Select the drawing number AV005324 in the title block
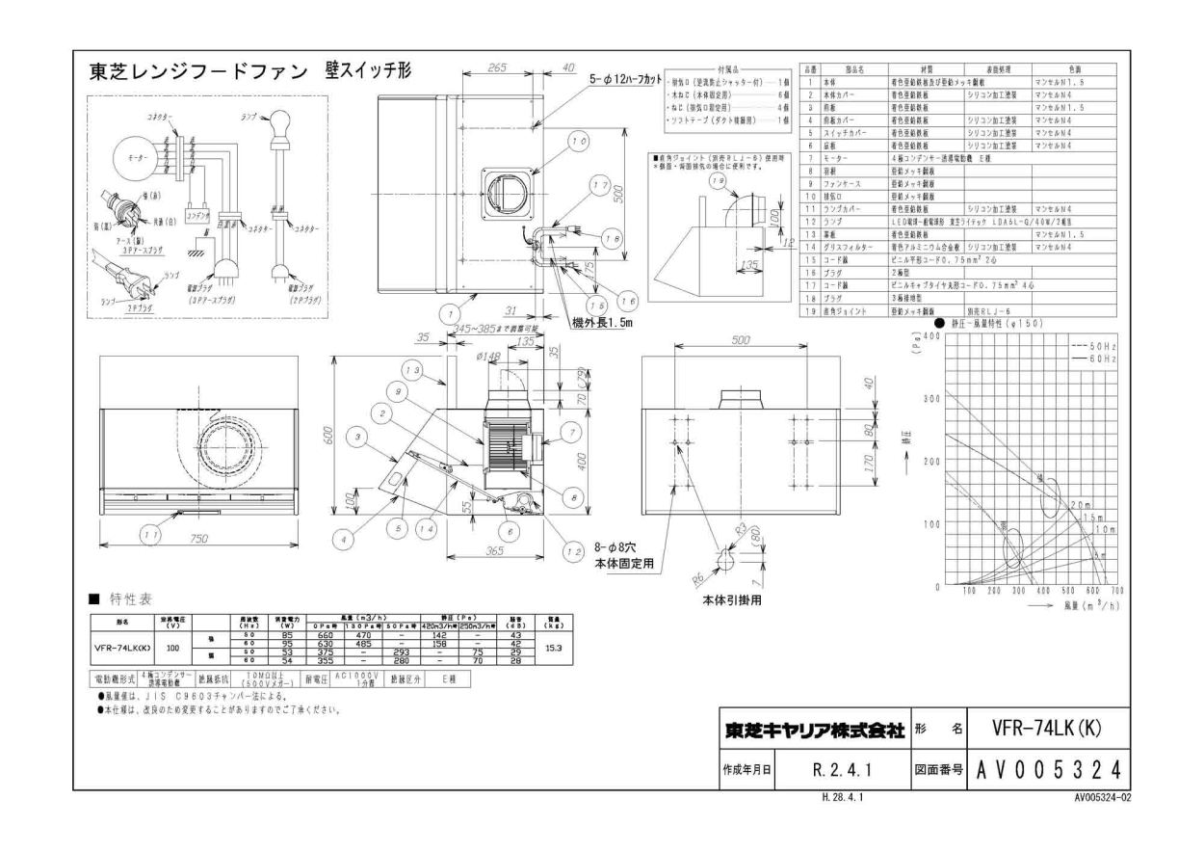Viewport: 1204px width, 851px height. pyautogui.click(x=1041, y=770)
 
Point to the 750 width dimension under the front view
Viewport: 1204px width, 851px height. pyautogui.click(x=198, y=538)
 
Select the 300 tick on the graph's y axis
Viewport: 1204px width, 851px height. pyautogui.click(x=929, y=399)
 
